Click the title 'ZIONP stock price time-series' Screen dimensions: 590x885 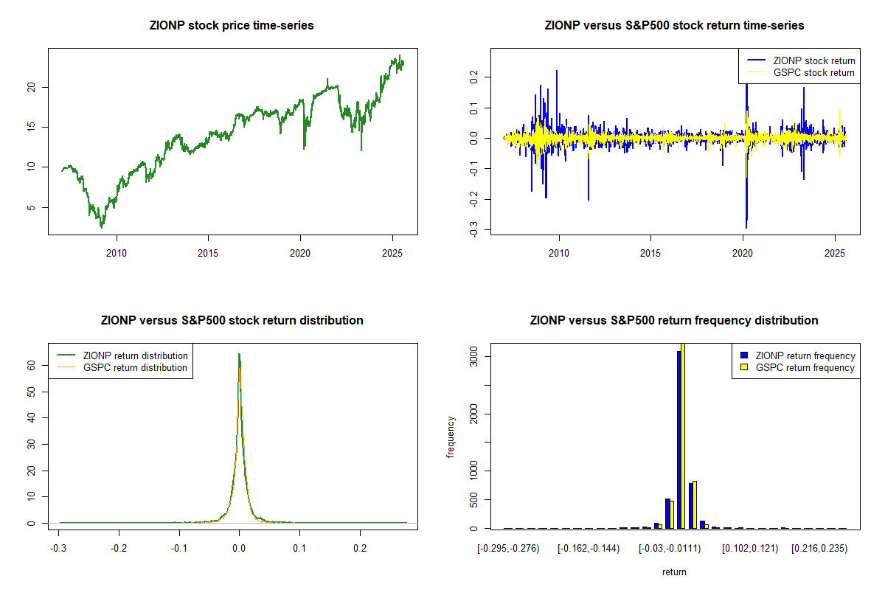232,26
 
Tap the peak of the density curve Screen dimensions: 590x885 239,354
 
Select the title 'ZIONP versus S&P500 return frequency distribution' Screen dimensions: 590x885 674,321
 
